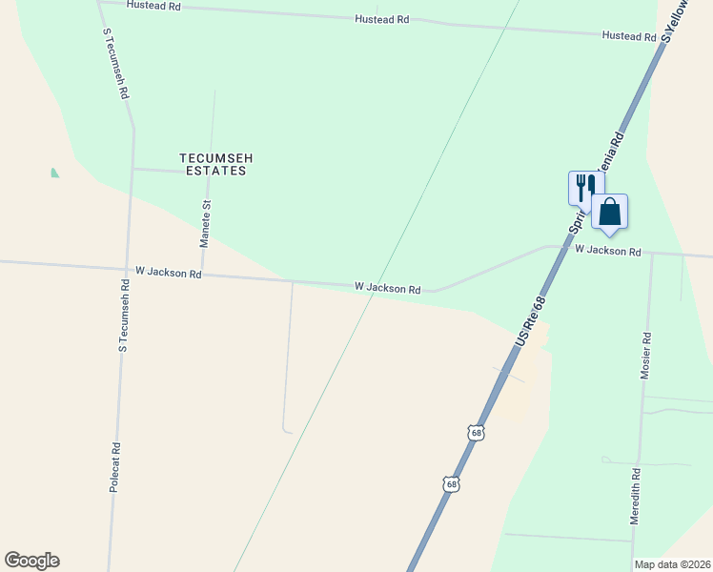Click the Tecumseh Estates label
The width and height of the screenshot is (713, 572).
pos(214,164)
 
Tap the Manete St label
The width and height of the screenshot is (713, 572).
pos(204,224)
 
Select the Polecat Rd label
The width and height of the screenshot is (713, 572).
pos(114,466)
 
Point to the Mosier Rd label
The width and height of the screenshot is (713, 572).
pos(645,356)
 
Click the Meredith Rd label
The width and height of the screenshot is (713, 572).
pos(635,497)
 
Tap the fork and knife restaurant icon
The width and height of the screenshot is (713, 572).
pos(584,187)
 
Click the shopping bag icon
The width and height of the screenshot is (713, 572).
pos(610,212)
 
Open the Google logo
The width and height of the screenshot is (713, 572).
pos(31,561)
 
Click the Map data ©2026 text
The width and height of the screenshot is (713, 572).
pos(672,564)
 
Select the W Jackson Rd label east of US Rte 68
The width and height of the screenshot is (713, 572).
pos(608,250)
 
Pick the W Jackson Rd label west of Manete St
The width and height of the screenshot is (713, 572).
pos(169,273)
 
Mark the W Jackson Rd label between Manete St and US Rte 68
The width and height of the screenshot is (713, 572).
pos(387,287)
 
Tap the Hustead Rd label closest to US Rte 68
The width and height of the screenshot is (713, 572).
pos(629,36)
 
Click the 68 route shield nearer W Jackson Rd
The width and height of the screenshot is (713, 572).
pos(476,433)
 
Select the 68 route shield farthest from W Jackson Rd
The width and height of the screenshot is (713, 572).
pos(450,483)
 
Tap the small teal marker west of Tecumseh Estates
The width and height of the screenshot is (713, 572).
pos(54,173)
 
